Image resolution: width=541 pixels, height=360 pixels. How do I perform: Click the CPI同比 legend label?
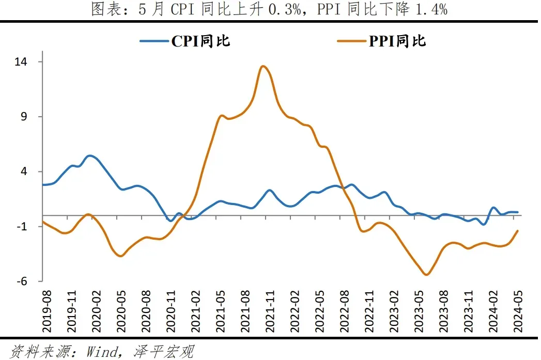200,41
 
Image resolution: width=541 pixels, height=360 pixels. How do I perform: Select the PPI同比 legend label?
397,41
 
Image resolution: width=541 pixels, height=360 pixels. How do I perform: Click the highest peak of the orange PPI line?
263,66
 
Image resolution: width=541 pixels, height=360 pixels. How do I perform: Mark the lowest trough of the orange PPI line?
426,275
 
